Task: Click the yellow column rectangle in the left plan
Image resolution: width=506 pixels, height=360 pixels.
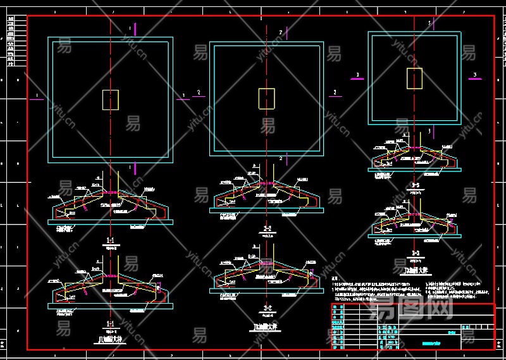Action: click(110, 99)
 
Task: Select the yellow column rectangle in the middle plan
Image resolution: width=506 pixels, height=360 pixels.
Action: click(266, 98)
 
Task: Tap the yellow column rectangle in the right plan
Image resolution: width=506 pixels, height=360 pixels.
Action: click(414, 78)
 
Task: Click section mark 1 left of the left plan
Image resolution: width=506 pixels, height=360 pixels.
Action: click(37, 96)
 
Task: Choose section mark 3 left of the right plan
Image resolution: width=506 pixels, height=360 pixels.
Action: click(357, 75)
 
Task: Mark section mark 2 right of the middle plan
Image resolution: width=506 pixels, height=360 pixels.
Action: click(335, 92)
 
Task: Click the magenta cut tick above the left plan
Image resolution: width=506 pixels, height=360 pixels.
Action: click(130, 28)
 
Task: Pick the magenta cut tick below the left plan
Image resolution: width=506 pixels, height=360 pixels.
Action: click(130, 168)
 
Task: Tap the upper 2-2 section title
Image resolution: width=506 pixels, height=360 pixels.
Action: click(267, 228)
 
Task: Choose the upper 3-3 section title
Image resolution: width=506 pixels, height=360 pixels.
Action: click(416, 184)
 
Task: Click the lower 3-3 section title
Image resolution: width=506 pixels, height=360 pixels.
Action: click(416, 252)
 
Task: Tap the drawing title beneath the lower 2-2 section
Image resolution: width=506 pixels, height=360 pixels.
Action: click(267, 326)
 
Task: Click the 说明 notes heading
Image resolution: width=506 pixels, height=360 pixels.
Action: click(336, 278)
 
